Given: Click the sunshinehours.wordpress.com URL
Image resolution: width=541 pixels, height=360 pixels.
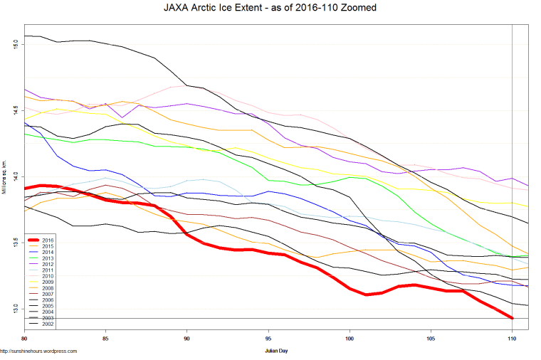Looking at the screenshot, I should click(38, 351).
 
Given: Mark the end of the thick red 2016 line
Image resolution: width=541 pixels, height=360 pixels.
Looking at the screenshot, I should click(512, 317).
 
